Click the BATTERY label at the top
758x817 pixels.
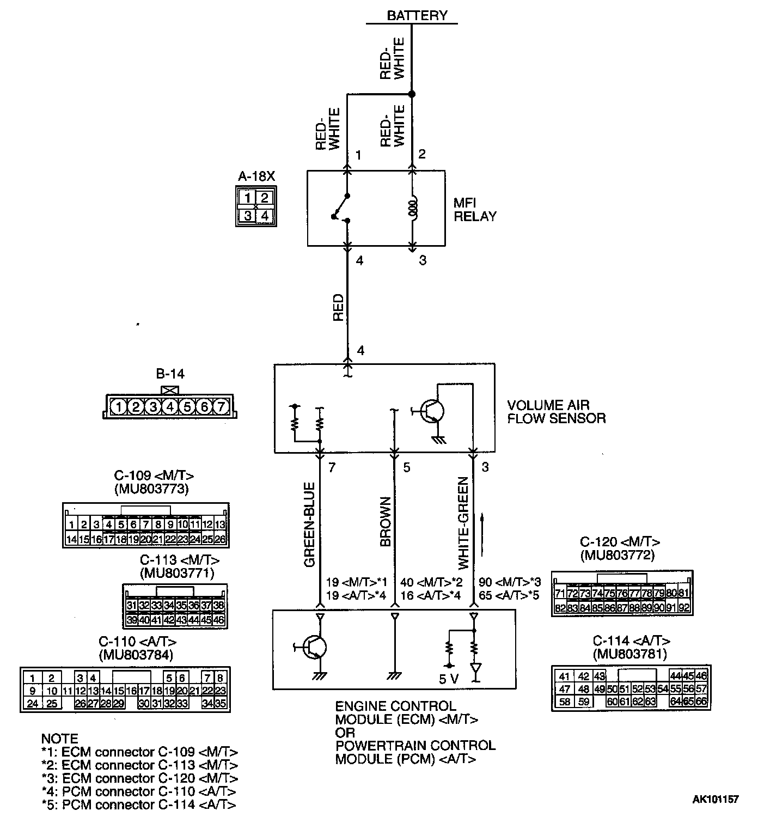[417, 15]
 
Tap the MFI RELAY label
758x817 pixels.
[475, 210]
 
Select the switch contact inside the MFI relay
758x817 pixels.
[341, 207]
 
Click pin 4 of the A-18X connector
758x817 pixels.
[264, 215]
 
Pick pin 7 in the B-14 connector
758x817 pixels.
[221, 406]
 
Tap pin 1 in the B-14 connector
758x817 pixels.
[119, 406]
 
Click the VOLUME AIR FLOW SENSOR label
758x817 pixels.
[556, 412]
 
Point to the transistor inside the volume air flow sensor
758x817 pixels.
[433, 412]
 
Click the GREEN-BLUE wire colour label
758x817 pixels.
[309, 525]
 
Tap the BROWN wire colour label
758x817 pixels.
[386, 522]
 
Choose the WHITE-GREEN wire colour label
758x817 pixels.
[463, 523]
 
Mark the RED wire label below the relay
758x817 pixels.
[338, 308]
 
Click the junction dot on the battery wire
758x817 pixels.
[412, 94]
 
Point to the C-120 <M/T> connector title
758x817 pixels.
[620, 542]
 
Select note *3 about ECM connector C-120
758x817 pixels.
[140, 778]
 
